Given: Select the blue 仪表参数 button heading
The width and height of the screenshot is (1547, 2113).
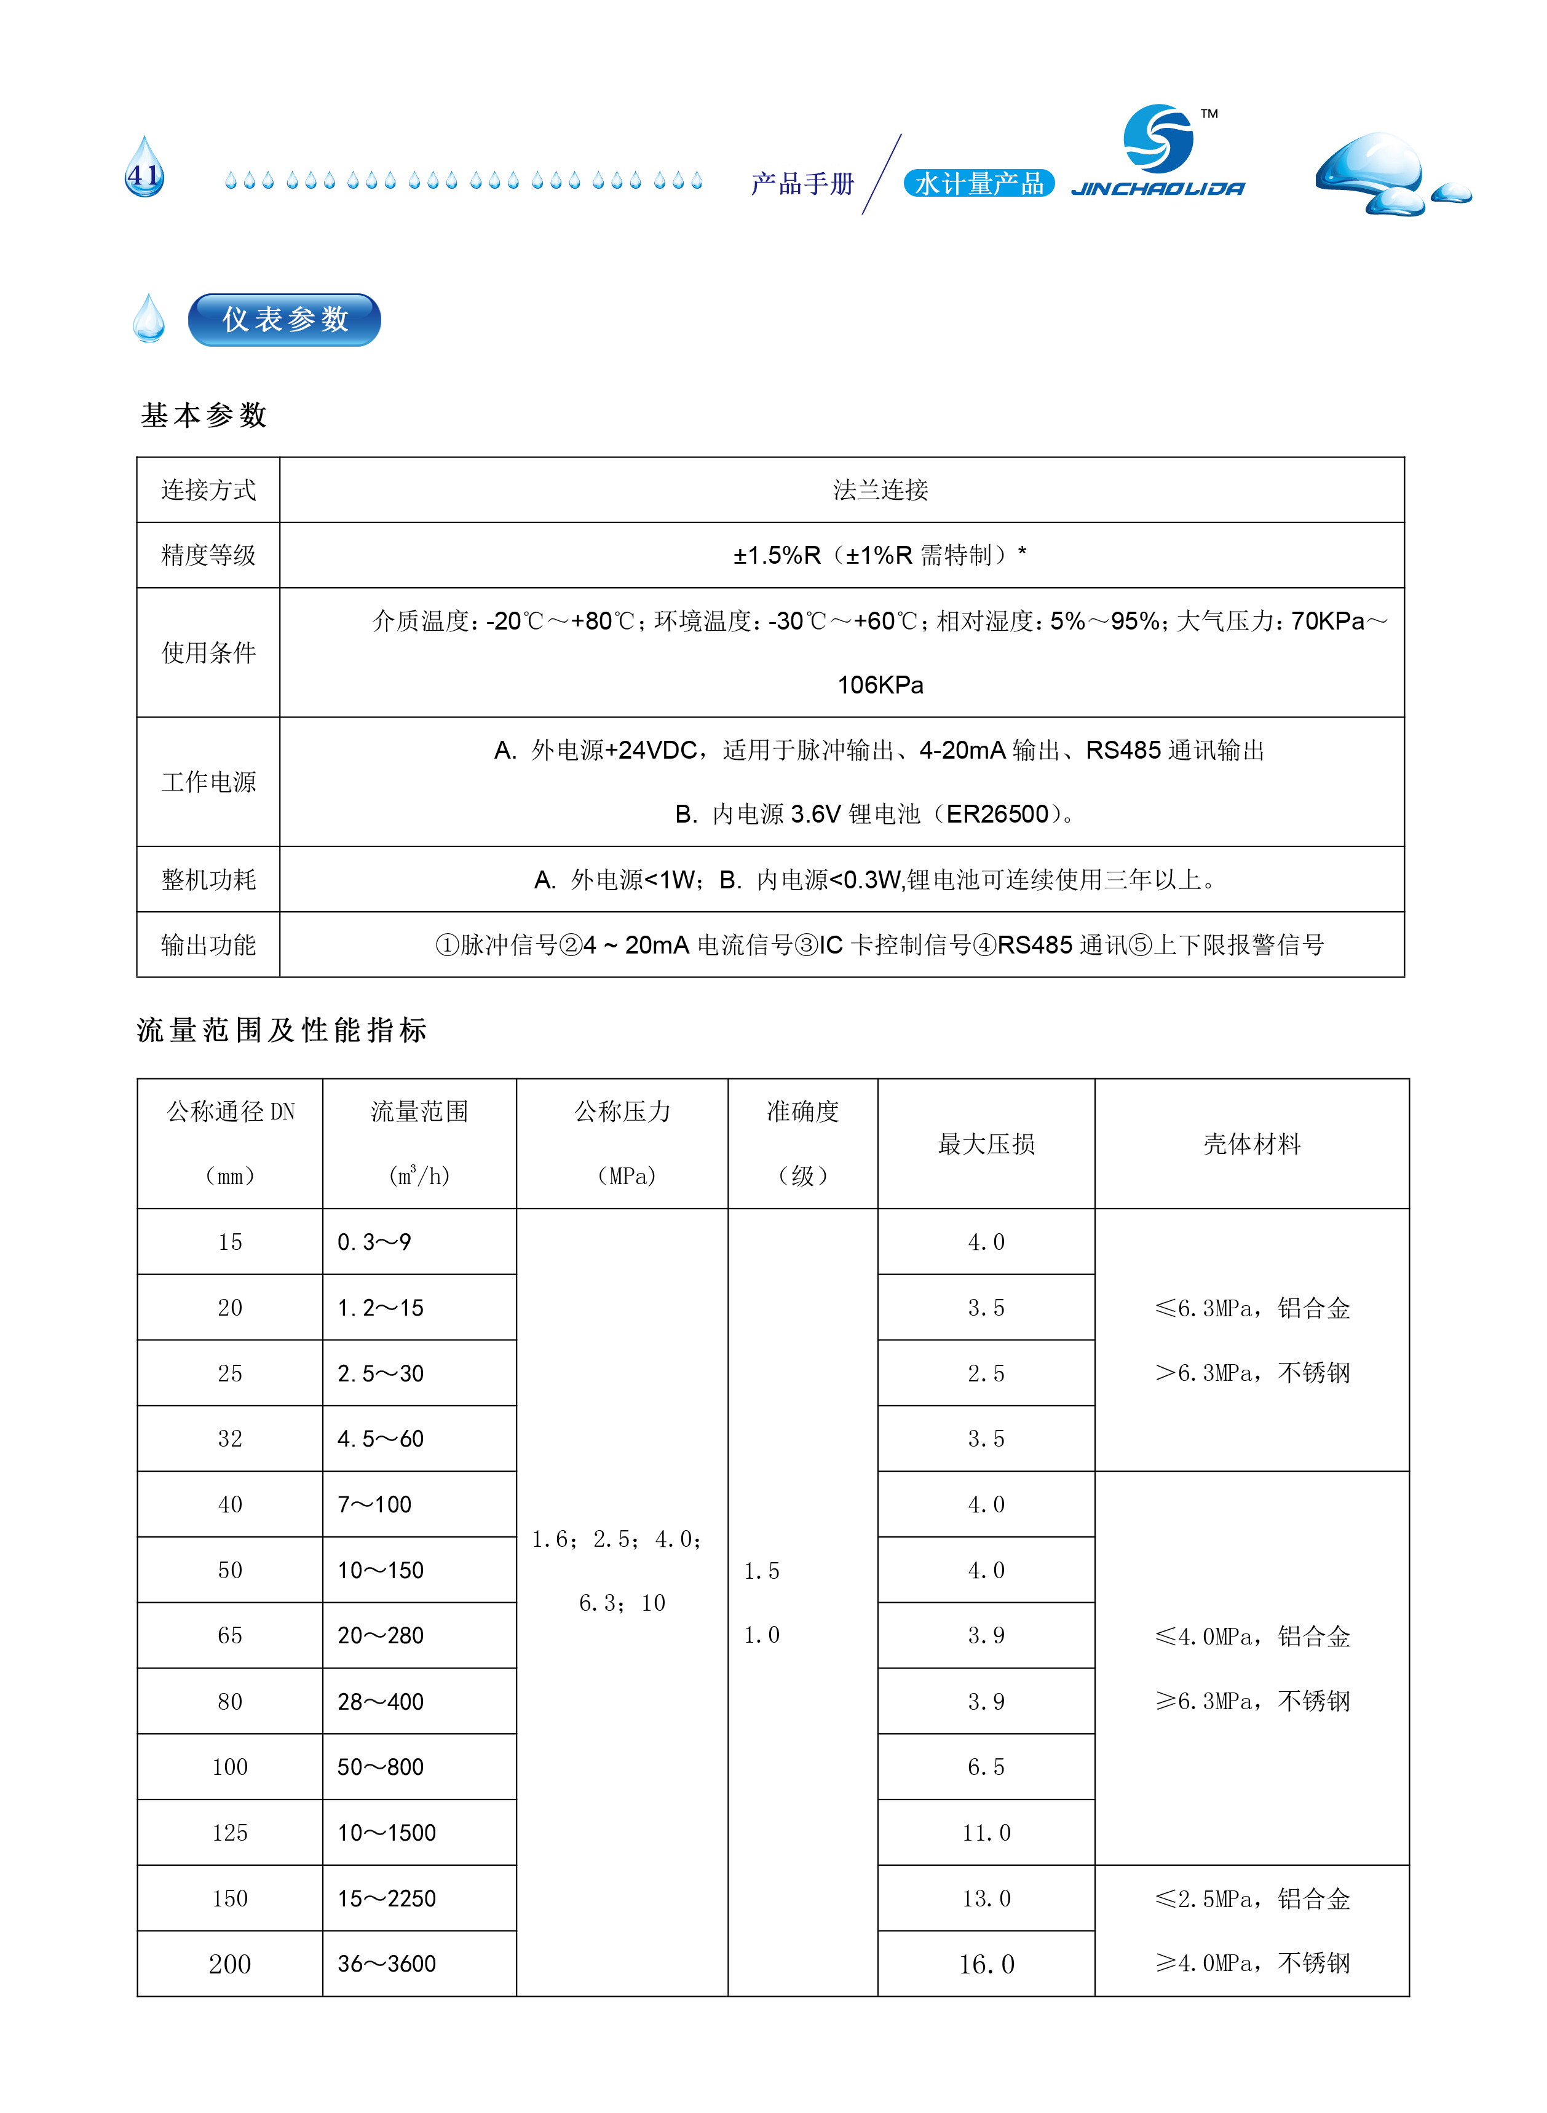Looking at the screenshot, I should pyautogui.click(x=285, y=319).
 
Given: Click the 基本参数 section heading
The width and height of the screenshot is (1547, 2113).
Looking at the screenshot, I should pyautogui.click(x=204, y=415).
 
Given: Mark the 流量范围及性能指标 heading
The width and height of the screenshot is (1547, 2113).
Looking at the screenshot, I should pyautogui.click(x=282, y=1030).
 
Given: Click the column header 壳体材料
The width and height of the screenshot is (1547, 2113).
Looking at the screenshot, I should pyautogui.click(x=1251, y=1143).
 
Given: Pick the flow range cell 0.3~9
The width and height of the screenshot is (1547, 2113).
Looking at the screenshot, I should pyautogui.click(x=374, y=1241).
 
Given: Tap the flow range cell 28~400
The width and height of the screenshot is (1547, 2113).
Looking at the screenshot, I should pyautogui.click(x=380, y=1701).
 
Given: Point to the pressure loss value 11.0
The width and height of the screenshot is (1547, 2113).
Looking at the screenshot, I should pyautogui.click(x=986, y=1832).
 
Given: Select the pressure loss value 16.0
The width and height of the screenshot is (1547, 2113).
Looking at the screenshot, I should pyautogui.click(x=986, y=1964).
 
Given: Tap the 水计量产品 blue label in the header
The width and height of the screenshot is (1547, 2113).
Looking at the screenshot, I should pyautogui.click(x=979, y=183).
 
